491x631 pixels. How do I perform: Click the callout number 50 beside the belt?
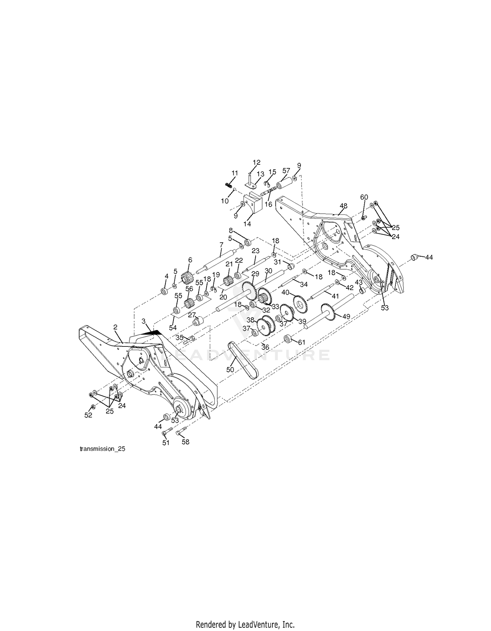[x=230, y=369]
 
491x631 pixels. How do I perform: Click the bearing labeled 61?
[x=288, y=338]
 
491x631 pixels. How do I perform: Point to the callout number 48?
[x=343, y=206]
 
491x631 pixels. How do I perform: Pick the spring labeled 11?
[x=228, y=185]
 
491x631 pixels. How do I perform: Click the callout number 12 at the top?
[x=257, y=162]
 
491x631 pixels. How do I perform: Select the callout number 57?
[x=286, y=170]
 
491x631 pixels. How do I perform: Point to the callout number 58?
[x=186, y=442]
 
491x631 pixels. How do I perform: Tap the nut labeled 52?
[x=93, y=407]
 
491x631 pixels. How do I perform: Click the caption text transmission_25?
[x=102, y=449]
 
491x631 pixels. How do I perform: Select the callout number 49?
[x=346, y=317]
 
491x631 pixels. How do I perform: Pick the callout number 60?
[x=364, y=197]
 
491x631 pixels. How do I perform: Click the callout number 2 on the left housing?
[x=115, y=327]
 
